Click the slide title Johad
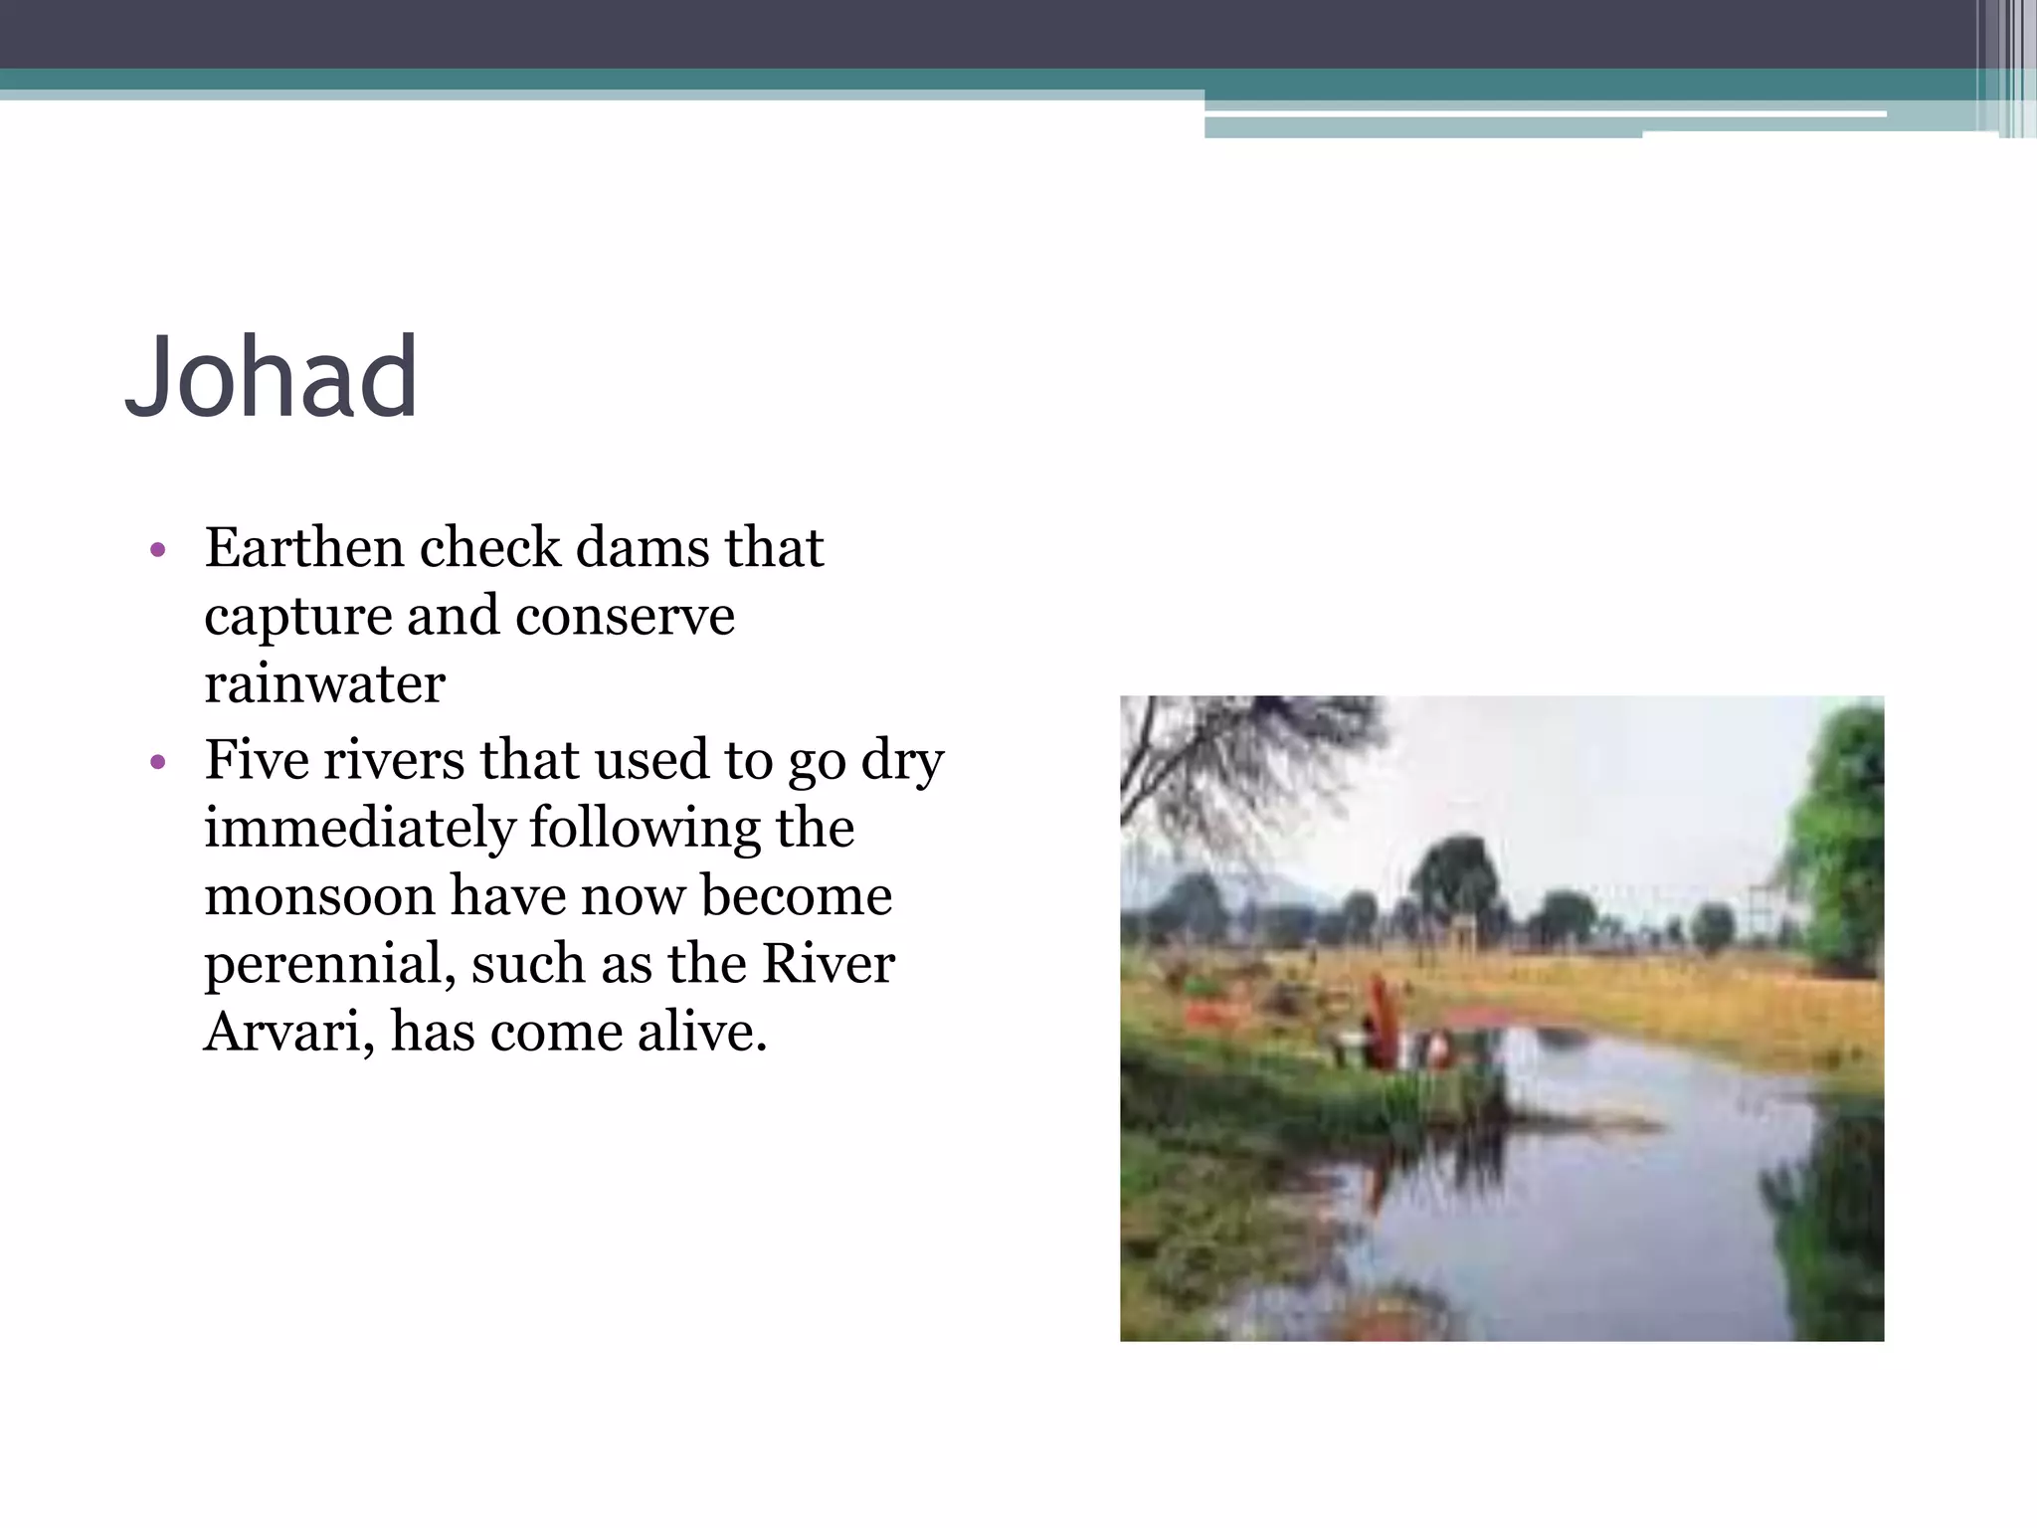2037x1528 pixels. pyautogui.click(x=271, y=378)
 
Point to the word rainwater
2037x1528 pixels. pyautogui.click(x=324, y=683)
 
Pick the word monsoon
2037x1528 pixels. pyautogui.click(x=319, y=895)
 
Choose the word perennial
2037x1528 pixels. pyautogui.click(x=328, y=965)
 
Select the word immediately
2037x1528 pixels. pyautogui.click(x=359, y=829)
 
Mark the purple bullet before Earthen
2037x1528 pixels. pyautogui.click(x=157, y=550)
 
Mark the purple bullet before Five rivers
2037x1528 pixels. pyautogui.click(x=157, y=763)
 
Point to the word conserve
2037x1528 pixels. pyautogui.click(x=625, y=617)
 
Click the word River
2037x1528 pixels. pyautogui.click(x=829, y=963)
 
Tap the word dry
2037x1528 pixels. pyautogui.click(x=902, y=762)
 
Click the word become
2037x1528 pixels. pyautogui.click(x=797, y=895)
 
